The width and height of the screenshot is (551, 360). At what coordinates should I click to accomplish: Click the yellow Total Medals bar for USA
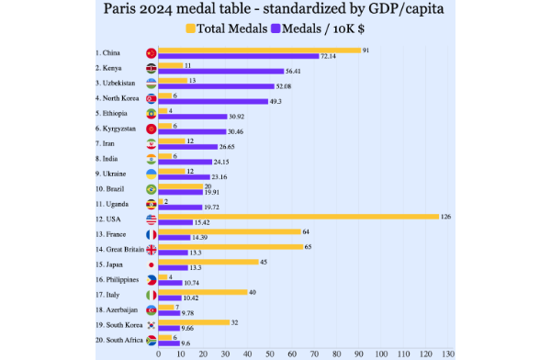coord(298,216)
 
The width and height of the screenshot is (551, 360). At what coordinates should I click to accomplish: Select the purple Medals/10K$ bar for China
coord(238,56)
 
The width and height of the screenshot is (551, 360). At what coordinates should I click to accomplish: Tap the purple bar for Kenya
coord(220,71)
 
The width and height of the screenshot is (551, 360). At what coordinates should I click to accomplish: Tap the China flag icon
coord(151,52)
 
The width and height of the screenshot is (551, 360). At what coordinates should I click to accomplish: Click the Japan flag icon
coord(151,264)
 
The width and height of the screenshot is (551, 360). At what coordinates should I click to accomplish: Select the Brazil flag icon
coord(151,188)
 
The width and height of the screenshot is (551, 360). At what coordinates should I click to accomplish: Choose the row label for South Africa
coord(117,339)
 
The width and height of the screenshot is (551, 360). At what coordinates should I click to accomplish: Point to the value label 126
coord(445,216)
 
